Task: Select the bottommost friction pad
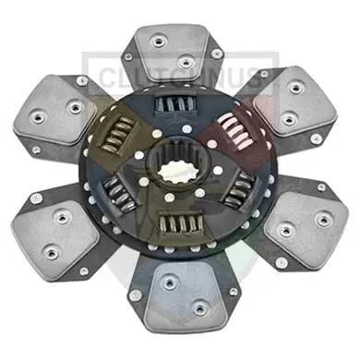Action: [185, 286]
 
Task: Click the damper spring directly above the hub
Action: [175, 106]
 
